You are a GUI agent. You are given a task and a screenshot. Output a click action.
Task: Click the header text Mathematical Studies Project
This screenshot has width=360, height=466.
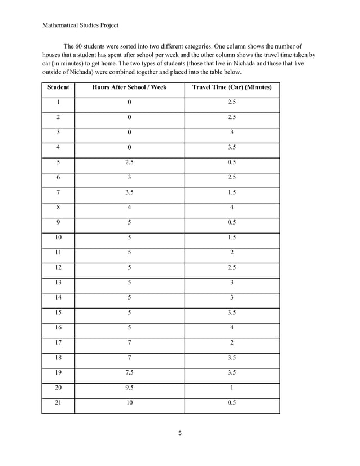click(x=80, y=25)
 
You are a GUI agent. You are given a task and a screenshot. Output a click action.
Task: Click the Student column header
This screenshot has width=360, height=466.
click(x=58, y=87)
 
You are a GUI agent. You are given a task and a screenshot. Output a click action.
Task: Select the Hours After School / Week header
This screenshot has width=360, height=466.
click(x=129, y=87)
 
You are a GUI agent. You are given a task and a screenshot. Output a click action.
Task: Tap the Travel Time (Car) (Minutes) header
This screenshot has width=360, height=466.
click(x=232, y=87)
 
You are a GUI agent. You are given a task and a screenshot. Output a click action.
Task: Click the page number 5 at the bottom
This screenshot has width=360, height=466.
click(x=180, y=433)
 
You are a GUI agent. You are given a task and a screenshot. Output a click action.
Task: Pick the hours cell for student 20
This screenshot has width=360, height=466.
click(x=129, y=388)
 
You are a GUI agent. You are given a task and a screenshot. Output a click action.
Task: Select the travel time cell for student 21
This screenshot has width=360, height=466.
click(x=232, y=403)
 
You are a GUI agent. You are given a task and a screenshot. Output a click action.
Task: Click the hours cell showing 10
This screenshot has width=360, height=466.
click(x=129, y=403)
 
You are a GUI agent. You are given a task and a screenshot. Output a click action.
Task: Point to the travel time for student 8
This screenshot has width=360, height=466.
click(x=232, y=208)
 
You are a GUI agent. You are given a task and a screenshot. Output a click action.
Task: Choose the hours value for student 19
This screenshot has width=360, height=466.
click(x=129, y=373)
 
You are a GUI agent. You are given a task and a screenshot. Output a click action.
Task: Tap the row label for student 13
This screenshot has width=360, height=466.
click(x=58, y=283)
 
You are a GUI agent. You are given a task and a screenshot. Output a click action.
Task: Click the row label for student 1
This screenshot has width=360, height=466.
click(x=58, y=103)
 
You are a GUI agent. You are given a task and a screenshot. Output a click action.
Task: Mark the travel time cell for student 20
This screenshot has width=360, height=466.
click(x=232, y=388)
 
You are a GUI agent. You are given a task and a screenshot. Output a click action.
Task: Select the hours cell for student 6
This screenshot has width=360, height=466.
click(x=129, y=178)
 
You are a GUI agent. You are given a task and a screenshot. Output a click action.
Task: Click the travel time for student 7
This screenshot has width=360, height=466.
click(x=232, y=192)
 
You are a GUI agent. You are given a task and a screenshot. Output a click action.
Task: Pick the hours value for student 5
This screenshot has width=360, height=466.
click(x=129, y=162)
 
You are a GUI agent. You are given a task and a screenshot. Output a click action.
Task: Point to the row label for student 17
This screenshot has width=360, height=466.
click(x=58, y=343)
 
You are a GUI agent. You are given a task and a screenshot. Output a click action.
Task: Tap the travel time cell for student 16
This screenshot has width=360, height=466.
click(x=232, y=328)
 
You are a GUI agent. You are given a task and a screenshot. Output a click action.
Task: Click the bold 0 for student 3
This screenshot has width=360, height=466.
click(x=129, y=133)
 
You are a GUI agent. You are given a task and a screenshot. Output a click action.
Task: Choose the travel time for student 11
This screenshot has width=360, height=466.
click(x=232, y=253)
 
